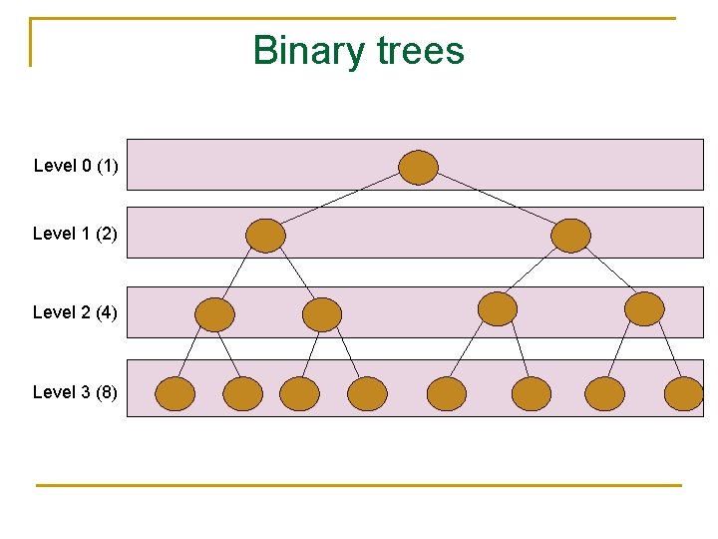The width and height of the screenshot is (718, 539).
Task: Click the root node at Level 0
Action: pyautogui.click(x=419, y=167)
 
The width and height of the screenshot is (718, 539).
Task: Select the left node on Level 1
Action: pyautogui.click(x=265, y=236)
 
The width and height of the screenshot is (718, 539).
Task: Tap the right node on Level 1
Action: pyautogui.click(x=570, y=236)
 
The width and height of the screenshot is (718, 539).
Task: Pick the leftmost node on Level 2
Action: pyautogui.click(x=214, y=314)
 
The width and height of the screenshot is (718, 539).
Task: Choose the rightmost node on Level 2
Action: pyautogui.click(x=644, y=308)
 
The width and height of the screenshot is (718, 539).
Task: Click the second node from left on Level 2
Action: pyautogui.click(x=322, y=314)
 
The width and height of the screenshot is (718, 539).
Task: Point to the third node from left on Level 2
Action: pyautogui.click(x=498, y=308)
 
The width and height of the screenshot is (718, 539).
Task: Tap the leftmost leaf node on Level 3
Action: pyautogui.click(x=176, y=394)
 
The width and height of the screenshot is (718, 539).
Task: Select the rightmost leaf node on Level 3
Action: pyautogui.click(x=684, y=394)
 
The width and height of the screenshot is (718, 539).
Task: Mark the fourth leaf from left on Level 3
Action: pyautogui.click(x=367, y=394)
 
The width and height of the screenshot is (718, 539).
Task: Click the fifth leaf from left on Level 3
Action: pyautogui.click(x=447, y=394)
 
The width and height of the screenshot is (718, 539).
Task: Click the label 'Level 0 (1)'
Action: pyautogui.click(x=76, y=166)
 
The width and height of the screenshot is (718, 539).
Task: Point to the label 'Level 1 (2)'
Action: pyautogui.click(x=75, y=234)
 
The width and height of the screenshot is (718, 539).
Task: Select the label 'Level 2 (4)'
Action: pyautogui.click(x=75, y=312)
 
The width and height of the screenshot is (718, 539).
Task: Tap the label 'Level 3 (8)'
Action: pyautogui.click(x=75, y=392)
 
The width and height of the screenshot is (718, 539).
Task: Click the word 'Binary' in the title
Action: pyautogui.click(x=308, y=50)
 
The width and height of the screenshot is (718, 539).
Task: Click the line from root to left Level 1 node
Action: pyautogui.click(x=341, y=202)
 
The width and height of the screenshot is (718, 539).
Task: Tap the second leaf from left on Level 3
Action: pyautogui.click(x=243, y=394)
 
